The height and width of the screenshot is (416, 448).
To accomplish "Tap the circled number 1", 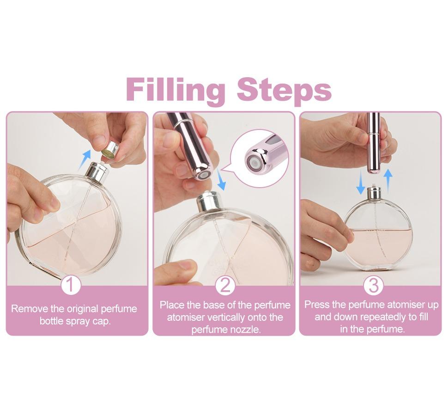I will (71, 286).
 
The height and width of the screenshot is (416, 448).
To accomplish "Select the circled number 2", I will (225, 286).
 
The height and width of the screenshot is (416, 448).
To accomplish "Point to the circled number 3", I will (373, 286).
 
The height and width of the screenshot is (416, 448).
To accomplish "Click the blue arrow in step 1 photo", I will (84, 159).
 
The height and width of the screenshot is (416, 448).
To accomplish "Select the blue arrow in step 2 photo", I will (222, 180).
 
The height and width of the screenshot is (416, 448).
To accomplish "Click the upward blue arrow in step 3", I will (388, 180).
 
